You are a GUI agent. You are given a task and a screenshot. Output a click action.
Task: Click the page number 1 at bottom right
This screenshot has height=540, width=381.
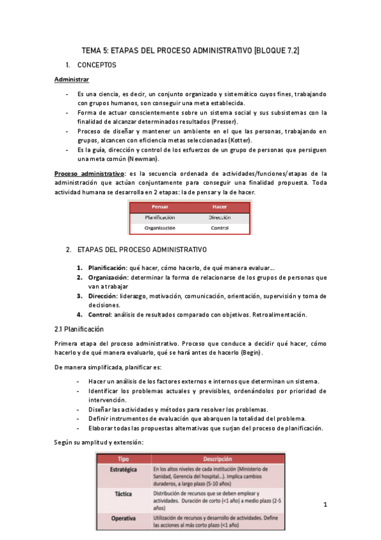coord(325,505)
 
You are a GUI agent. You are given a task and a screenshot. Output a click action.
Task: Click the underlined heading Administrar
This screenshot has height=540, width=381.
coord(72,80)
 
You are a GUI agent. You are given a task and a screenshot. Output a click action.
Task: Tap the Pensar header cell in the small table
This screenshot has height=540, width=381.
coord(159,207)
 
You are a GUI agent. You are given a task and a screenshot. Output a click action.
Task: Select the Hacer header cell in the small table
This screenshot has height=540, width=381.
coord(219,207)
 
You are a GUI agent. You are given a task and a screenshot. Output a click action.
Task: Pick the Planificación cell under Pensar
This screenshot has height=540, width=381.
coord(160,217)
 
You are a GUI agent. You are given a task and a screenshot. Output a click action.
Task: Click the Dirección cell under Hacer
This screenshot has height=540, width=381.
coord(219,217)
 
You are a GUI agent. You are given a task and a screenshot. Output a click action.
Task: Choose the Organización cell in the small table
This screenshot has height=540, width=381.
coord(160,227)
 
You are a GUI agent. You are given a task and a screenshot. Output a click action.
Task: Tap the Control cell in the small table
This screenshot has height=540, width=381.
coord(219,227)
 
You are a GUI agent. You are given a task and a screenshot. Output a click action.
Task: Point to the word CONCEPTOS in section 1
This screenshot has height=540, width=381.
coord(97,65)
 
